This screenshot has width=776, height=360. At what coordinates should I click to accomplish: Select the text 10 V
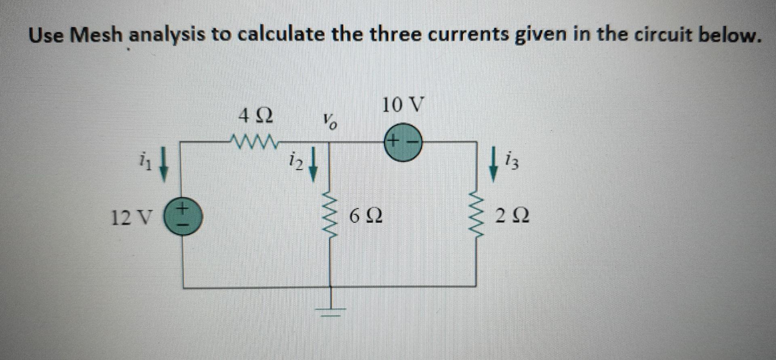(403, 105)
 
